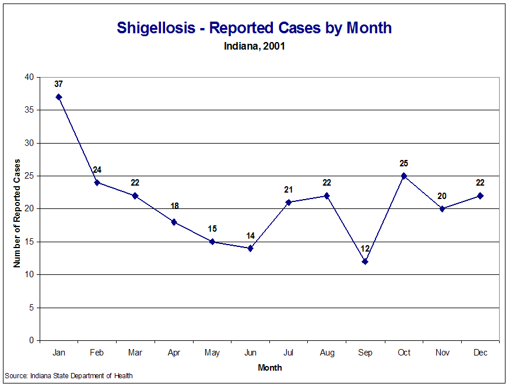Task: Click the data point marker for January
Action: tap(59, 97)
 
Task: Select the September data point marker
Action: tap(365, 262)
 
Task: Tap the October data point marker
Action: tap(403, 176)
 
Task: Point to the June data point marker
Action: tap(250, 248)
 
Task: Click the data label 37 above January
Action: tap(58, 84)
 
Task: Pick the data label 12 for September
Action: tap(365, 249)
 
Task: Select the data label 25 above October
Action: tap(403, 163)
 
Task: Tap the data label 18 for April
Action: tap(174, 206)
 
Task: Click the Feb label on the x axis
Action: tap(97, 353)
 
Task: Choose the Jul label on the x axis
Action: tap(289, 353)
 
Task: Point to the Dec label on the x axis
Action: tap(480, 353)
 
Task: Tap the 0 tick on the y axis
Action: tap(30, 340)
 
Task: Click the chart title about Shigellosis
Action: tap(254, 28)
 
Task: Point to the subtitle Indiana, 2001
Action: tap(254, 46)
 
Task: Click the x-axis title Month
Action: tap(270, 368)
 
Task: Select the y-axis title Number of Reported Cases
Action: tap(17, 213)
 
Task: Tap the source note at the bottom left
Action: tap(69, 376)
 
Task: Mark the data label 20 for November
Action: tap(442, 196)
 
